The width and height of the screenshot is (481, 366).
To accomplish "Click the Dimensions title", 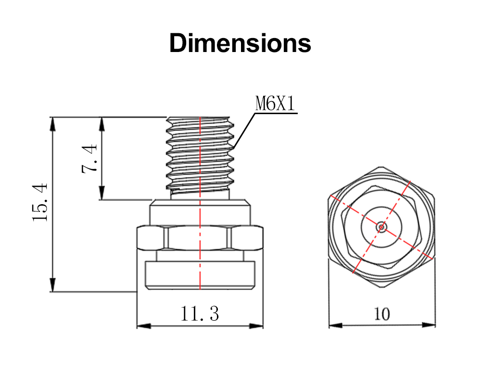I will pyautogui.click(x=240, y=43).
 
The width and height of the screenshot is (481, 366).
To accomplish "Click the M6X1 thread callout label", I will pyautogui.click(x=275, y=104).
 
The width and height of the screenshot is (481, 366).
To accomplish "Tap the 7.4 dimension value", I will pyautogui.click(x=90, y=158).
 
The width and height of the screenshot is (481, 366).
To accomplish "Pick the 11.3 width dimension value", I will pyautogui.click(x=200, y=314).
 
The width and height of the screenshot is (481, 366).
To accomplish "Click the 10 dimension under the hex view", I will pyautogui.click(x=382, y=314).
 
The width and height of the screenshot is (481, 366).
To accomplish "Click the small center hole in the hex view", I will pyautogui.click(x=381, y=226).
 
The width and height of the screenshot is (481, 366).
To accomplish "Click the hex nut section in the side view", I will pyautogui.click(x=200, y=238).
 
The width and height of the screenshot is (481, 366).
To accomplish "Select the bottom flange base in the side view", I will pyautogui.click(x=200, y=275).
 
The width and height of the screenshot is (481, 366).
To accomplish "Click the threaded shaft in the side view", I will pyautogui.click(x=200, y=154).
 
